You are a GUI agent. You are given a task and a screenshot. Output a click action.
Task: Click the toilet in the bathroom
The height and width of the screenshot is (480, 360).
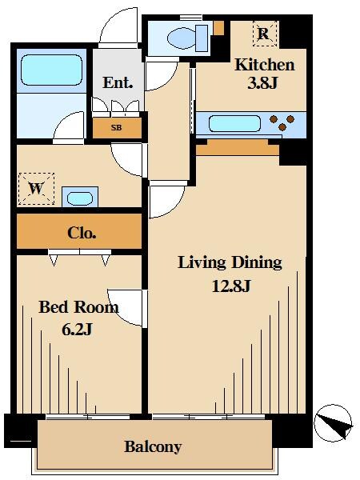(187, 38)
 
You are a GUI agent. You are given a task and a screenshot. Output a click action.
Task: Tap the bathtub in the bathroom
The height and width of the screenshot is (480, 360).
(51, 70)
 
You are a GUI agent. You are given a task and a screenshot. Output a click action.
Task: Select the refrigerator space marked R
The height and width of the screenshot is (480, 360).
(265, 34)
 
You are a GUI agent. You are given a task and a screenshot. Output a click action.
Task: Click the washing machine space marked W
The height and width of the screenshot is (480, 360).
(37, 189)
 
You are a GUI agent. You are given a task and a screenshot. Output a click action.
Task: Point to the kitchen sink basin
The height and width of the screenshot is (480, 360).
(234, 124)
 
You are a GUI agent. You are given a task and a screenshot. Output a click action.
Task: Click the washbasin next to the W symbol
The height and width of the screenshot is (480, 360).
(80, 198)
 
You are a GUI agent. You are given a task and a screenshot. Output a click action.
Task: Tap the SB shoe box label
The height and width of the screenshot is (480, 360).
(116, 127)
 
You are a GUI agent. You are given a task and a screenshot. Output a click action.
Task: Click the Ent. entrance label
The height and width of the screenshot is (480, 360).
(118, 82)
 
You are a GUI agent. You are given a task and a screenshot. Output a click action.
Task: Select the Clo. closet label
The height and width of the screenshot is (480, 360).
(82, 234)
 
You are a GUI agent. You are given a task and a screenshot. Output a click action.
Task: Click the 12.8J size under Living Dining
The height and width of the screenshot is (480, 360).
(231, 286)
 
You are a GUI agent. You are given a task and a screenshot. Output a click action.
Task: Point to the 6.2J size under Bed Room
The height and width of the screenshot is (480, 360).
(77, 330)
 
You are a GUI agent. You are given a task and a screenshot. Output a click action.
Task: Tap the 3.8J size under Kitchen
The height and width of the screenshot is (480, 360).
(262, 82)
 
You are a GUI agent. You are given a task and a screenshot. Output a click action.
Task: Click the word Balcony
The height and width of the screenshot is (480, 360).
(153, 447)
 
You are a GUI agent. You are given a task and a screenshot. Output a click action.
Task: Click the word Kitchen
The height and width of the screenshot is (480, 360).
(265, 65)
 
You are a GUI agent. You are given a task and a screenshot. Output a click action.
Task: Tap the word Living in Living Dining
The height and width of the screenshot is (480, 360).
(202, 263)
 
